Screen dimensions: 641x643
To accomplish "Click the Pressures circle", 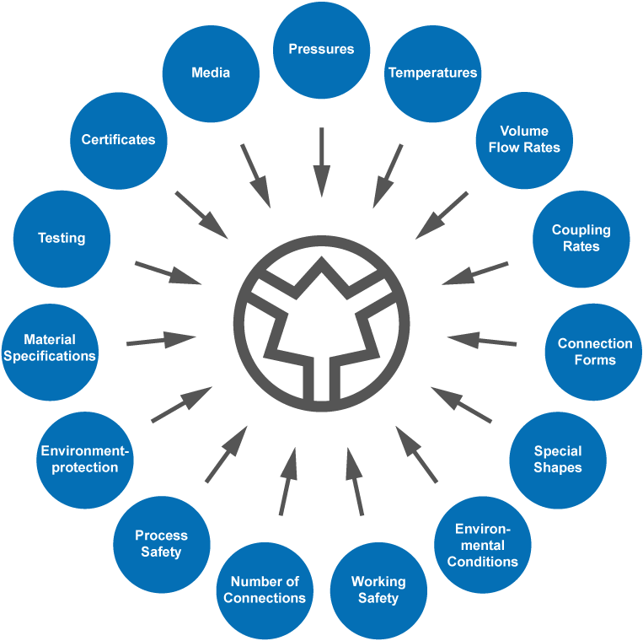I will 321,49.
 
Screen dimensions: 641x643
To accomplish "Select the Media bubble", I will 211,73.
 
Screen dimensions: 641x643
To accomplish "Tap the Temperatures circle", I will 432,73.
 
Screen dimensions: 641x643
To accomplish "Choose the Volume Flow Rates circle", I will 523,139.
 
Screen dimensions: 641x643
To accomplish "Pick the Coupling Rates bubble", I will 581,239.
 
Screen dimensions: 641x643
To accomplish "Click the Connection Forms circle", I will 594,352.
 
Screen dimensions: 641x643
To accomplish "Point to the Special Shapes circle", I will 557,459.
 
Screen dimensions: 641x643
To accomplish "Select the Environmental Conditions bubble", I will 482,545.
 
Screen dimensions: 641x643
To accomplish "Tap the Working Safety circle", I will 378,590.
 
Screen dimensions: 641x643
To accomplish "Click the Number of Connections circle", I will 265,590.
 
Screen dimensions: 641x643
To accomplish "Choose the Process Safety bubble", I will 161,544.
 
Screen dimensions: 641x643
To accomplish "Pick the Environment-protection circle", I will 85,459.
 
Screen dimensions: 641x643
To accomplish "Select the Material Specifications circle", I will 50,347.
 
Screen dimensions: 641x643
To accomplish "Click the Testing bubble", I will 62,239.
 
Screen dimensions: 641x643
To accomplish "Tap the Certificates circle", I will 119,140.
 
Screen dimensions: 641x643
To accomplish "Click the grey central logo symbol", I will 321,324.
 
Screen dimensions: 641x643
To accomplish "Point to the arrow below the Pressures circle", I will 321,162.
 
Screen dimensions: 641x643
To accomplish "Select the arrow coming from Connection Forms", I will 482,341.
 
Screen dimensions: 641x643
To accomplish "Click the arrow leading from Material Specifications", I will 161,341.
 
